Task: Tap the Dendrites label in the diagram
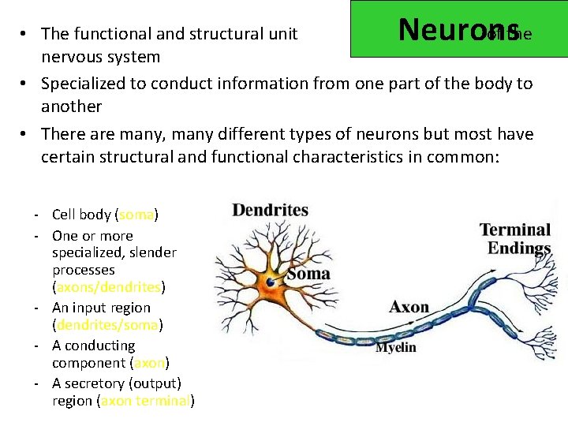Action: click(x=270, y=210)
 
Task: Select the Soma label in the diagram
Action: click(x=308, y=275)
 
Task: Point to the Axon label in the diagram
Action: click(x=409, y=307)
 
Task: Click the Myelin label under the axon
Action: click(x=396, y=347)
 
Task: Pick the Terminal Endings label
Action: click(x=516, y=239)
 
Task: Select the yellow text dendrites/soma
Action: click(x=106, y=325)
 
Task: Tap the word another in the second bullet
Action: click(x=71, y=106)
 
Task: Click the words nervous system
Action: click(x=100, y=57)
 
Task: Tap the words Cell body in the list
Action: click(x=81, y=215)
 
